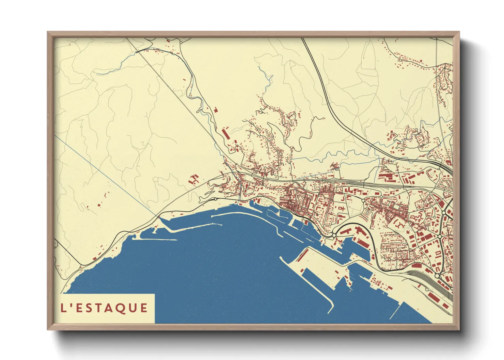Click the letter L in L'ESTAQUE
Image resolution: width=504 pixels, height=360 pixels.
63,308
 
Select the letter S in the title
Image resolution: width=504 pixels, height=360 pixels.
91,308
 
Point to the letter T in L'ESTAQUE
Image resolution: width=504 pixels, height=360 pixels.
102,308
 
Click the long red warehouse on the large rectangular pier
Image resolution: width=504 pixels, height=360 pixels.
302,254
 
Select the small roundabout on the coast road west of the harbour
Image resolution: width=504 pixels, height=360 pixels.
216,199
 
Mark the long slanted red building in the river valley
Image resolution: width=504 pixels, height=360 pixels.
225,134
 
